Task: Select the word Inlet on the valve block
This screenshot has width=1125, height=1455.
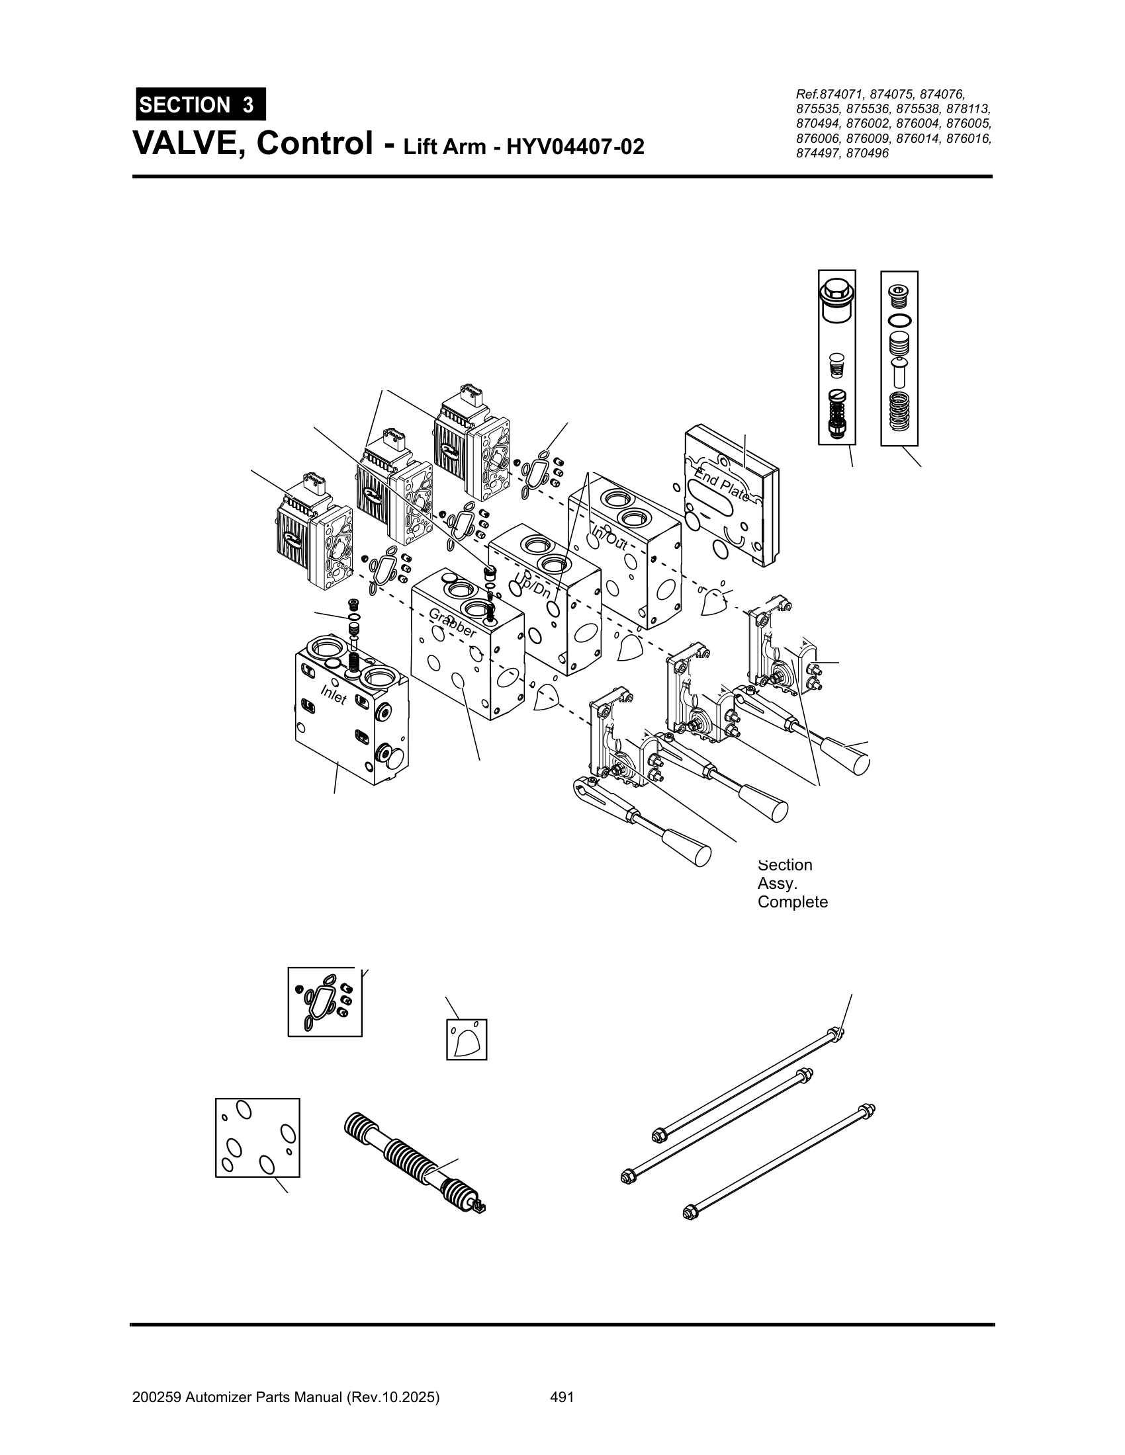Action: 334,694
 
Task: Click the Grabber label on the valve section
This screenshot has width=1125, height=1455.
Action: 453,623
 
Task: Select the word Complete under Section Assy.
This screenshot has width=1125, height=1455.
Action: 792,902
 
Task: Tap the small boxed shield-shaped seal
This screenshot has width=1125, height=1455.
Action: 466,1039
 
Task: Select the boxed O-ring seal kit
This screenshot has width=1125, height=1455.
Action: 324,1001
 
